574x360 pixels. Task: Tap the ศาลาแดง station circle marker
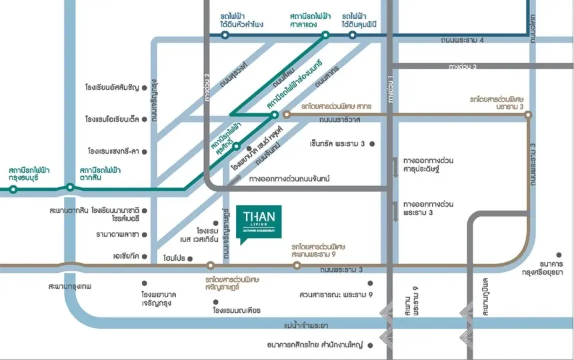click(325, 35)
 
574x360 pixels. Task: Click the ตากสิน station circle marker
click(70, 187)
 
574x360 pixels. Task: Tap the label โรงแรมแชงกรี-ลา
click(111, 151)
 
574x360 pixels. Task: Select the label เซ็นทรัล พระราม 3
click(337, 143)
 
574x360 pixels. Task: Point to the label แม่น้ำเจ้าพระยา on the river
click(306, 325)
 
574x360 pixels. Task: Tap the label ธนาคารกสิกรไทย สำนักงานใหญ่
click(313, 345)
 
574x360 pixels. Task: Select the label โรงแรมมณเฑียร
click(237, 310)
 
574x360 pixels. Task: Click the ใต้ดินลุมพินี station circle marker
click(352, 35)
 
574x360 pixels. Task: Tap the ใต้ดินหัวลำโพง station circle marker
click(225, 35)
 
